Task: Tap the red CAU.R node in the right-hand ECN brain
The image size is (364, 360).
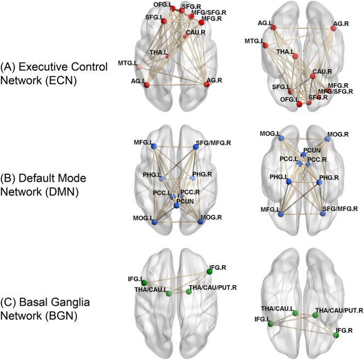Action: [312, 76]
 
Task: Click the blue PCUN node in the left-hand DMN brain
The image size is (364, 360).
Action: [177, 204]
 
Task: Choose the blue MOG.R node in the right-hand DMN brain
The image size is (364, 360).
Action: [327, 139]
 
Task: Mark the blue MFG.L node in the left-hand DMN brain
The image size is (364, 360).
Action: [154, 145]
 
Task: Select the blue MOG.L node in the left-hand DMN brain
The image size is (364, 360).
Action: [154, 222]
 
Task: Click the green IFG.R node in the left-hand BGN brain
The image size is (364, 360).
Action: [208, 271]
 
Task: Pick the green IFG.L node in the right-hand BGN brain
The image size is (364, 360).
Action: [271, 324]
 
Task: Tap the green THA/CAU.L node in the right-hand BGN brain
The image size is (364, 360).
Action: [295, 313]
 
